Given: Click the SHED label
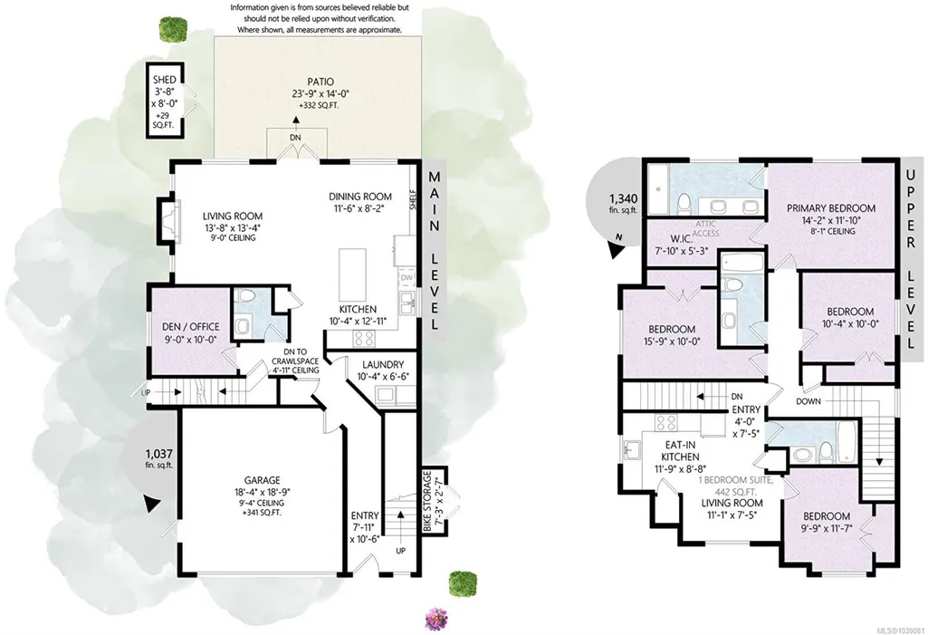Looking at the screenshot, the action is click(x=165, y=80).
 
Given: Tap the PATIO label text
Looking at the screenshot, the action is click(x=320, y=82).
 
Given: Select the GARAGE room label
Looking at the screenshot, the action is click(x=263, y=480).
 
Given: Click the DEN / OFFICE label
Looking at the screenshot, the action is click(x=190, y=326).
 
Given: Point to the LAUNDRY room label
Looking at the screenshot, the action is click(x=383, y=365).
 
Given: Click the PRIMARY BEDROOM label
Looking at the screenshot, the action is click(x=831, y=208).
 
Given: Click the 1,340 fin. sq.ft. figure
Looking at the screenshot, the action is click(x=623, y=203).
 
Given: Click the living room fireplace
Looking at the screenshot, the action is click(x=167, y=220).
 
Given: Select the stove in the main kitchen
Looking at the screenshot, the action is click(x=363, y=338).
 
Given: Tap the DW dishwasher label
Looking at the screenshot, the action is click(x=407, y=277).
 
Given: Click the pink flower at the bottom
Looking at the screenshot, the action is click(x=436, y=619).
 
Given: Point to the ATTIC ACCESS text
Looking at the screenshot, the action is click(x=705, y=228).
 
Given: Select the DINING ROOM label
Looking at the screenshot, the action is click(x=360, y=197).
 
